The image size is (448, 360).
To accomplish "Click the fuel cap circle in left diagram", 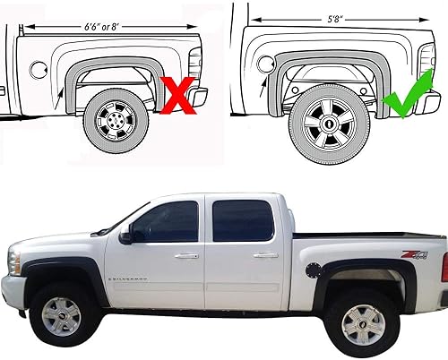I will (x=37, y=68).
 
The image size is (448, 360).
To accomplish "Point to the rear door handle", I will (x=265, y=254).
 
